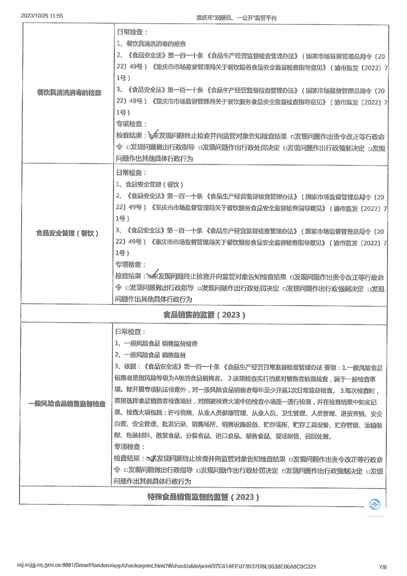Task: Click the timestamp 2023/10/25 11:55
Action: coord(42,16)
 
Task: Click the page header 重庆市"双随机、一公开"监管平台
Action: coord(236,18)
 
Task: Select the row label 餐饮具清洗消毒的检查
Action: coord(69,93)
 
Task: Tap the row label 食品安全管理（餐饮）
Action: coord(67,233)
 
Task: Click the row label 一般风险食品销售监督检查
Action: coord(67,404)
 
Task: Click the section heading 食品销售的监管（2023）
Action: coord(204,315)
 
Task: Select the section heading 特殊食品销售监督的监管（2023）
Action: coord(203,497)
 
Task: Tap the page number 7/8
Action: coord(383,567)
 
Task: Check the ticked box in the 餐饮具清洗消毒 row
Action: coord(151,136)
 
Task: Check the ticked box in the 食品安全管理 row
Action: coord(150,277)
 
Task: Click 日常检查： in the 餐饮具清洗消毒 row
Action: coord(132,32)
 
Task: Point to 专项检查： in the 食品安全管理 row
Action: coord(130,264)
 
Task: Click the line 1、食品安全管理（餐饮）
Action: coord(149,185)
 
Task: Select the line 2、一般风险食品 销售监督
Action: coord(150,355)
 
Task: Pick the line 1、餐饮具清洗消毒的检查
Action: coord(151,44)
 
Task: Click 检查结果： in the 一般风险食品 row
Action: coord(129,458)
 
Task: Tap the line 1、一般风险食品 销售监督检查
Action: coord(156,344)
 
